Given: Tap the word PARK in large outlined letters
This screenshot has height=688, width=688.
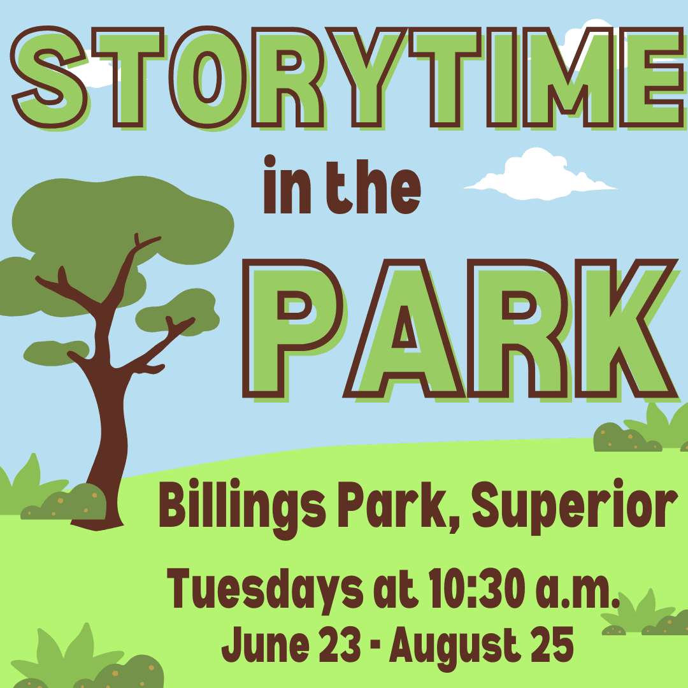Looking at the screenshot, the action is (x=462, y=330).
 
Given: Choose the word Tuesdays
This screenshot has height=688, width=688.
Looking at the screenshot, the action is (x=265, y=590).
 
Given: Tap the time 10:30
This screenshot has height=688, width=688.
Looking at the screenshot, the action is (x=477, y=588).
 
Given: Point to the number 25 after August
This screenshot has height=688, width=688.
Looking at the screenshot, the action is (x=552, y=644).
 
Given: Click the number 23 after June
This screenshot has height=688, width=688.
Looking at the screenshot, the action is (x=340, y=644).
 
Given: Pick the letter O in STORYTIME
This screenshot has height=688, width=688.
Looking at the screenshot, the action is (x=207, y=78).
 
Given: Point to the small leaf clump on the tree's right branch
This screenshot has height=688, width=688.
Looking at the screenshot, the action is (x=178, y=312).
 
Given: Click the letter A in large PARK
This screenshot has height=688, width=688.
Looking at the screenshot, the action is (x=405, y=330).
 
